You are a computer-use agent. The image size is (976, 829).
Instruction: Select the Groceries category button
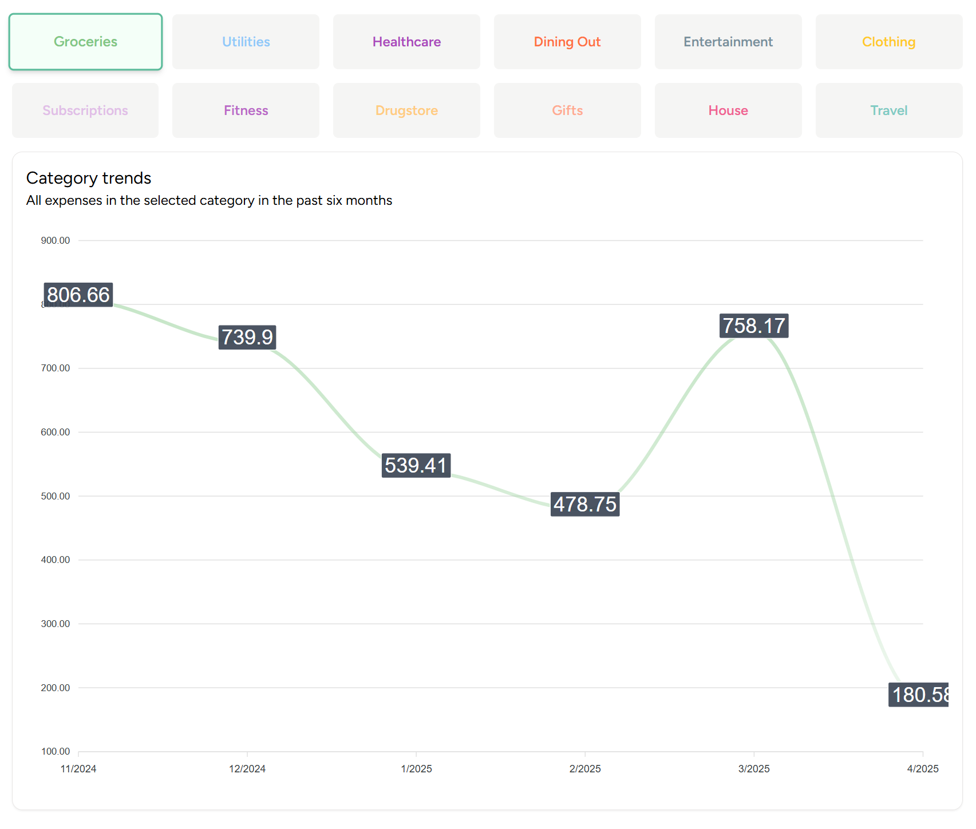(85, 42)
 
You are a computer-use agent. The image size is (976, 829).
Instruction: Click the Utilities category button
(246, 42)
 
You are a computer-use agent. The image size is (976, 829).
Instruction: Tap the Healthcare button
(406, 42)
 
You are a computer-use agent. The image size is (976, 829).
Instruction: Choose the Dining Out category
(567, 42)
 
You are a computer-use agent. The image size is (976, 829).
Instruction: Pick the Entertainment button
(728, 42)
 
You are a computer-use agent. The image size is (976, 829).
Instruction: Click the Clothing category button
(888, 42)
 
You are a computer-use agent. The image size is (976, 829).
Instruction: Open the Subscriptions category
(85, 110)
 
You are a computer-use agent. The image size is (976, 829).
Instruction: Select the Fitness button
(246, 110)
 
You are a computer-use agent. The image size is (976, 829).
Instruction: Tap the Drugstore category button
(406, 110)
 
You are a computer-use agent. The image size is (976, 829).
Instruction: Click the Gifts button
(567, 110)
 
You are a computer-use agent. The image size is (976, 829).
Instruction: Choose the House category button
(728, 110)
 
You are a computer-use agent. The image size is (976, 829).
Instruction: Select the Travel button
(888, 110)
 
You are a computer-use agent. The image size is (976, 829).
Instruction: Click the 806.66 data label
(78, 295)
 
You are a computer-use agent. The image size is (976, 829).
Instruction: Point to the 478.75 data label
(585, 504)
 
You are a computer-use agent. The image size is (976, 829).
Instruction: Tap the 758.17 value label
(754, 326)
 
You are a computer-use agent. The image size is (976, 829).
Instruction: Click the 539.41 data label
(416, 465)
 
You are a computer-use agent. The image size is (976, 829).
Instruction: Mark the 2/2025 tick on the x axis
(585, 768)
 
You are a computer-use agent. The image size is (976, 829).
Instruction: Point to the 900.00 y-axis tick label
(56, 240)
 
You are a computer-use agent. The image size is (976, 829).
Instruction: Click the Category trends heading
(89, 178)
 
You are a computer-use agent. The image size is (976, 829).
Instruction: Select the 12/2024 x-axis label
(247, 768)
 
